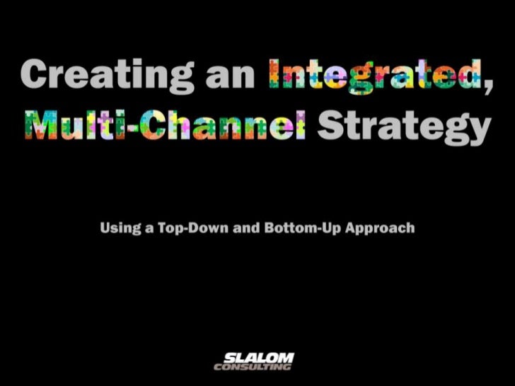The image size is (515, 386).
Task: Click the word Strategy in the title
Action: tap(403, 128)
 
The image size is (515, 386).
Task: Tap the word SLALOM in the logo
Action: tap(257, 357)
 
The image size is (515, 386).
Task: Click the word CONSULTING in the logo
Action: tap(253, 367)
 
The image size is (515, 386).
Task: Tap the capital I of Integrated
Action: tap(273, 74)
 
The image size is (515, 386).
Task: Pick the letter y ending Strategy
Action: tap(478, 132)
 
